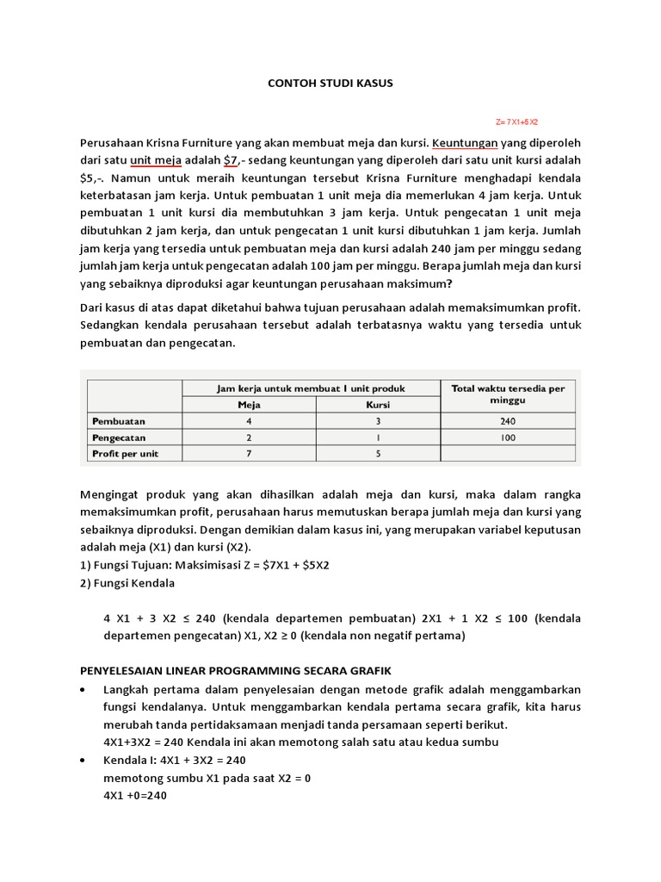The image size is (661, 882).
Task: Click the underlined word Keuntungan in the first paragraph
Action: (465, 141)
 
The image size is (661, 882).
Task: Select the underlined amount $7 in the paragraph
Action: (230, 160)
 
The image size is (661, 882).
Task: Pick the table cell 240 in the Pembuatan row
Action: (508, 421)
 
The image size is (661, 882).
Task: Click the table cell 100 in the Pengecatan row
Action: (508, 438)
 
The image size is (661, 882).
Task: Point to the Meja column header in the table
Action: (249, 405)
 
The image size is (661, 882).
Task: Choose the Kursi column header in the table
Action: (378, 405)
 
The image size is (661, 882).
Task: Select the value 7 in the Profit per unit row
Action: (249, 454)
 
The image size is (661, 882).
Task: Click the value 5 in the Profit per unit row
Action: (378, 454)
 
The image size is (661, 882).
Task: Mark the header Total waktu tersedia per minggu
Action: (508, 394)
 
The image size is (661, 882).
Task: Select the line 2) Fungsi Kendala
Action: (127, 583)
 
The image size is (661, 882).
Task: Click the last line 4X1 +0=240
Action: (134, 796)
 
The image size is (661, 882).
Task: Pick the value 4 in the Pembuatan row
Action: (249, 421)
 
